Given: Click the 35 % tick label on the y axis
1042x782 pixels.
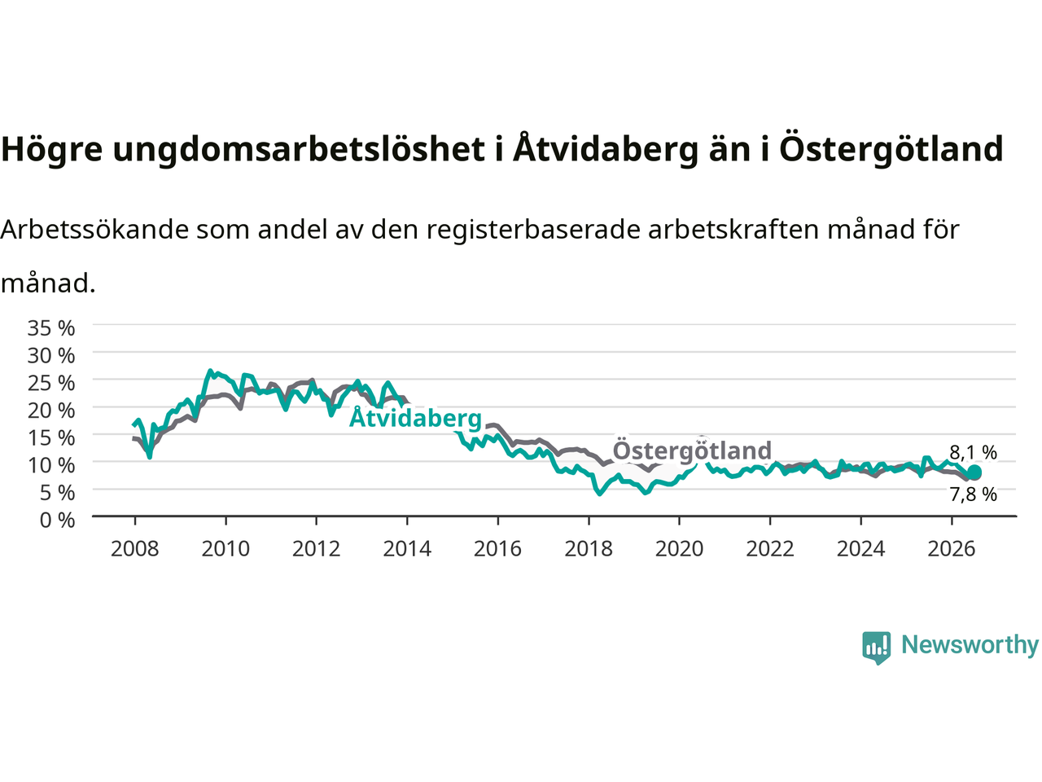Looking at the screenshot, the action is [51, 328].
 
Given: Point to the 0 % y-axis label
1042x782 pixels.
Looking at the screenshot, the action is [58, 521].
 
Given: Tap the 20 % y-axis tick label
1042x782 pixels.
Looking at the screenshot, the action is [51, 411].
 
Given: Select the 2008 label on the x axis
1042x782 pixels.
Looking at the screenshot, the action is [135, 549].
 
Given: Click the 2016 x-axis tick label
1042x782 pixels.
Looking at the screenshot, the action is [497, 549].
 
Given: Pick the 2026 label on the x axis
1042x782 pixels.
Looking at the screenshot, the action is [952, 549].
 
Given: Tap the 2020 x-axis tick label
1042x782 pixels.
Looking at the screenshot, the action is [679, 549].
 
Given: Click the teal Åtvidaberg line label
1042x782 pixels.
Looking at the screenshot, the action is [415, 418].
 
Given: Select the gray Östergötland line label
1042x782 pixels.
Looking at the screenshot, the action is [692, 449].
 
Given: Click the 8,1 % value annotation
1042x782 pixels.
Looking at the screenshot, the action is [973, 452].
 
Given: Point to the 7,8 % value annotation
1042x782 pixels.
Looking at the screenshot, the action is [973, 494].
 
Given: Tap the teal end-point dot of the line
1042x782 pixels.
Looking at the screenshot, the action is [974, 472].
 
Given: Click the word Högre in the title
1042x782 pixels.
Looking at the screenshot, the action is [52, 149].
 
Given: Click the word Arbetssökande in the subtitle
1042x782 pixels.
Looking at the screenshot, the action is [95, 230].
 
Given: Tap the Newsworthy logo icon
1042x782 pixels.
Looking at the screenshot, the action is [876, 648].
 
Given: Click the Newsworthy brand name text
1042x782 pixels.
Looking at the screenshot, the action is [970, 645].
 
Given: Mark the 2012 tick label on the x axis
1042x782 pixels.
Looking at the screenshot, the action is [316, 549].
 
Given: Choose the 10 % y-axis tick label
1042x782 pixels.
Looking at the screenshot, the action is [51, 465].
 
